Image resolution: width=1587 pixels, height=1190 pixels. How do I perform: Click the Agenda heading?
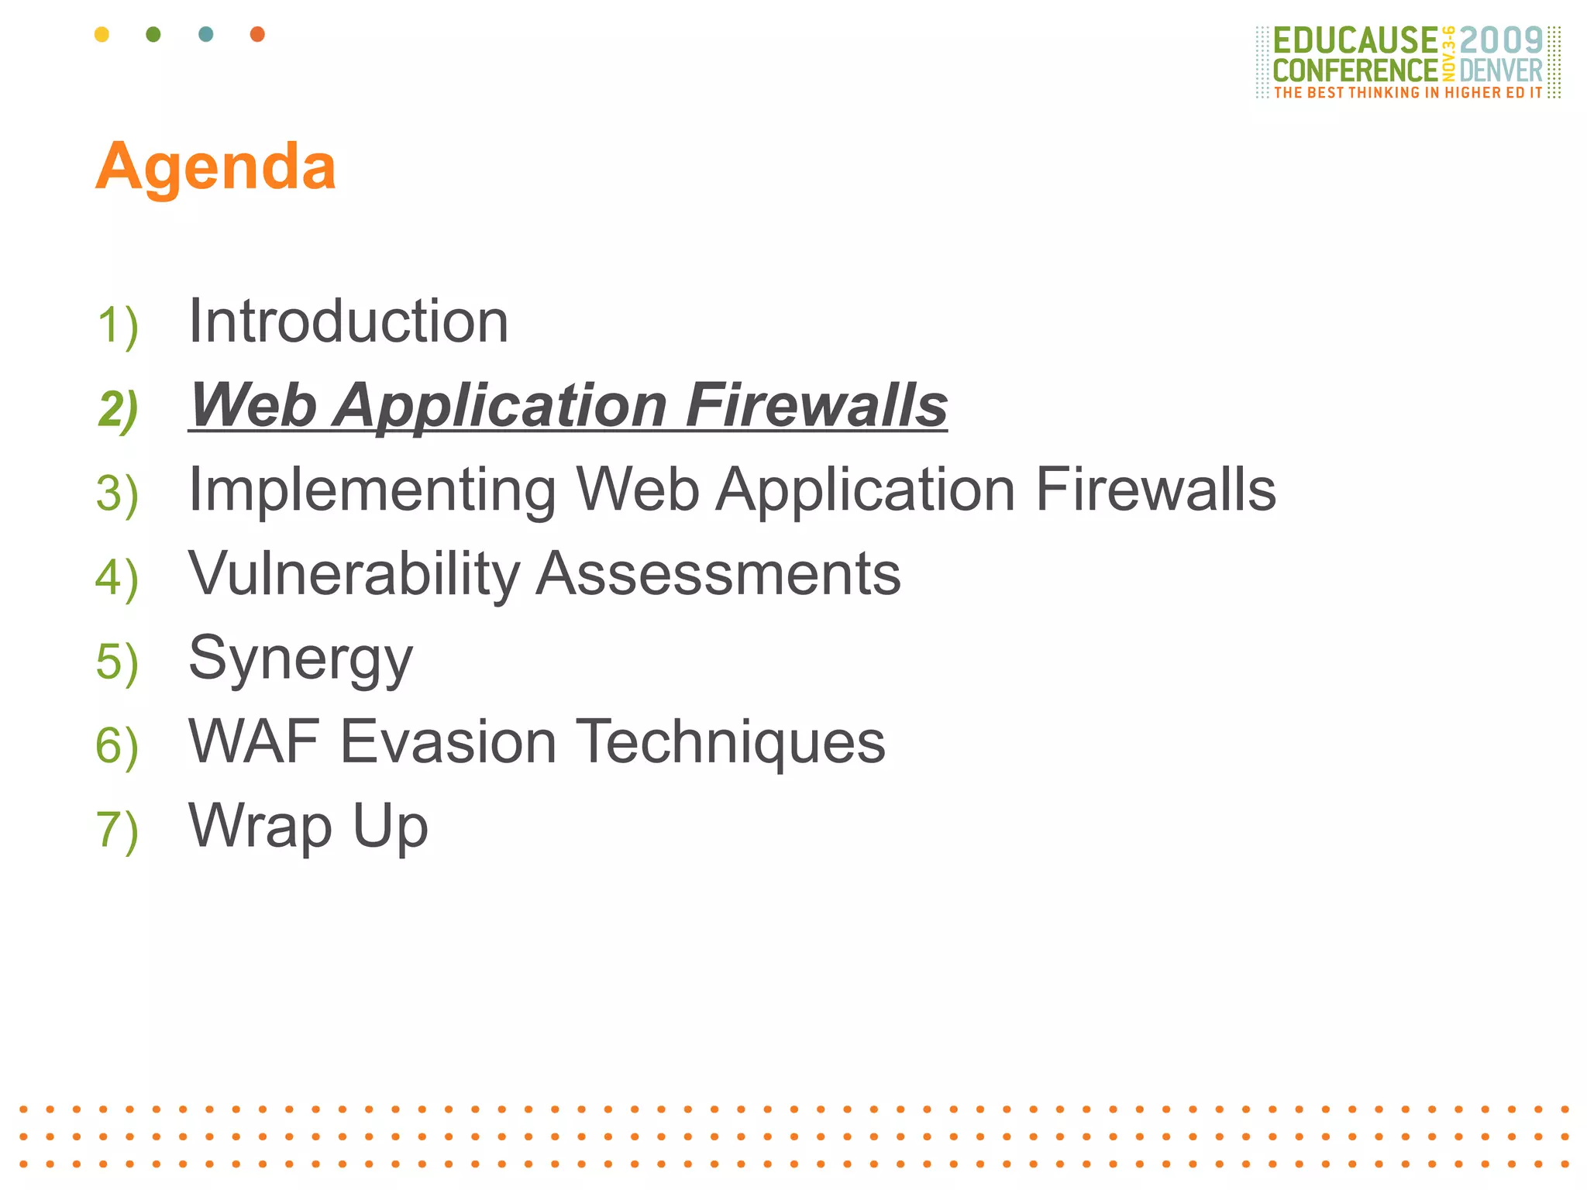point(215,167)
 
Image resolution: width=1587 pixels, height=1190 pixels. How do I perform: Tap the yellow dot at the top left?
point(102,34)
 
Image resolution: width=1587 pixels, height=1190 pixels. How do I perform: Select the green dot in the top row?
point(153,34)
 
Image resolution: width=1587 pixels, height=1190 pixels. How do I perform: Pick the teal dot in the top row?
point(205,34)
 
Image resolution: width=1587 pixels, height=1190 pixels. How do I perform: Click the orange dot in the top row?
point(257,34)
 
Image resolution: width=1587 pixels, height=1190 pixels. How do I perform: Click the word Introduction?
point(349,322)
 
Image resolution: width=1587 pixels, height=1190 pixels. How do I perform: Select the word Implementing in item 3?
point(372,490)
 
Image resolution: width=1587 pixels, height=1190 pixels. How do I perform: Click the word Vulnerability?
point(354,574)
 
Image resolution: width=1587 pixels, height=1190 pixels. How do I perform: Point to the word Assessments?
point(719,574)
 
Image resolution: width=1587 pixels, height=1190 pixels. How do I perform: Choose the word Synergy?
point(301,659)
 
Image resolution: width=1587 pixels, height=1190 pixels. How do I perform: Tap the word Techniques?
point(731,742)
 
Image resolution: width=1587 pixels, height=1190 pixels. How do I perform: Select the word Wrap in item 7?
point(260,827)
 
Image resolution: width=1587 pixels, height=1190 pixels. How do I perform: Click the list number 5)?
point(117,663)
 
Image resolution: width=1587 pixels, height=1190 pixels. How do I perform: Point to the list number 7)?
point(117,831)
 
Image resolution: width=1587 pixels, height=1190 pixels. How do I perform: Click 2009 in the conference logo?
point(1501,40)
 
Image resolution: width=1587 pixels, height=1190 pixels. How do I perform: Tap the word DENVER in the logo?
point(1501,71)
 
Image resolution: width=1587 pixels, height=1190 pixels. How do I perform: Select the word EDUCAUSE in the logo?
point(1355,40)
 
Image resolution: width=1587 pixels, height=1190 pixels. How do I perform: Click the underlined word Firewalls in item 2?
point(816,405)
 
